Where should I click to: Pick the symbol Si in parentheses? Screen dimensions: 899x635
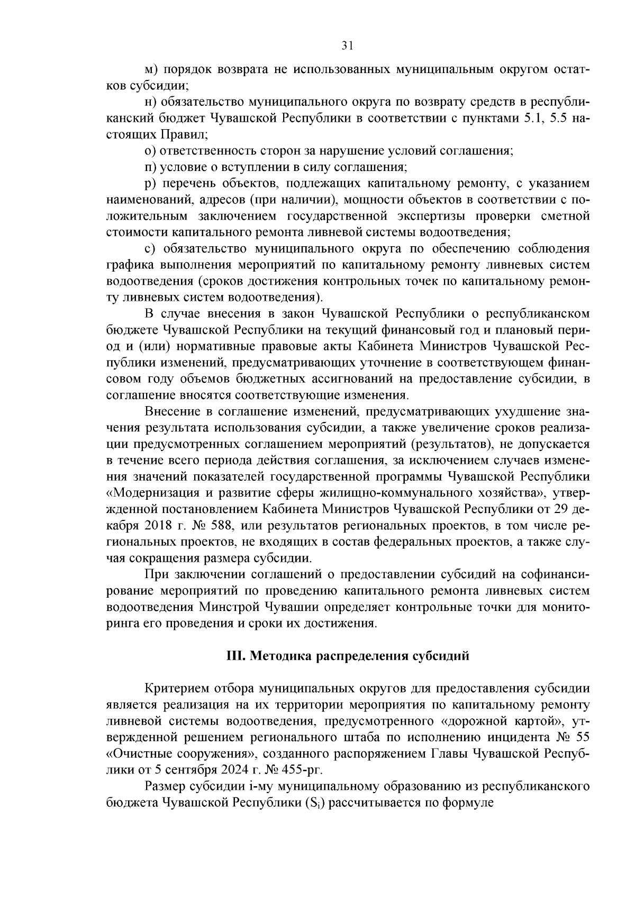tap(311, 802)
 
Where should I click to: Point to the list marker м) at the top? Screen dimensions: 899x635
tap(151, 69)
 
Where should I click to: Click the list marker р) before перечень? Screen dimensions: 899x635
tap(151, 184)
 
